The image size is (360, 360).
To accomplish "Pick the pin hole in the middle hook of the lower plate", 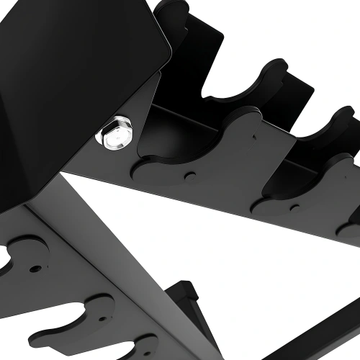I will [x=34, y=269].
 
